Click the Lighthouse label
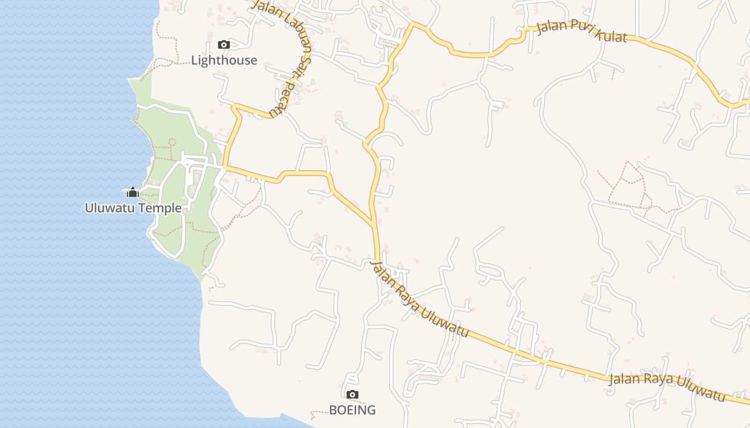[x=224, y=60]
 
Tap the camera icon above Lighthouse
[x=224, y=45]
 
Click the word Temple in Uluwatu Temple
[x=160, y=208]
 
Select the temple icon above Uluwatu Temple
[x=132, y=192]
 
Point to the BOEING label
[x=352, y=410]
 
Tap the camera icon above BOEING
[x=352, y=395]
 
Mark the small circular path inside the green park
[x=172, y=142]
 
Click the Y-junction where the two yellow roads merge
[x=373, y=222]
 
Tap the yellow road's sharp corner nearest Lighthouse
[x=234, y=108]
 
